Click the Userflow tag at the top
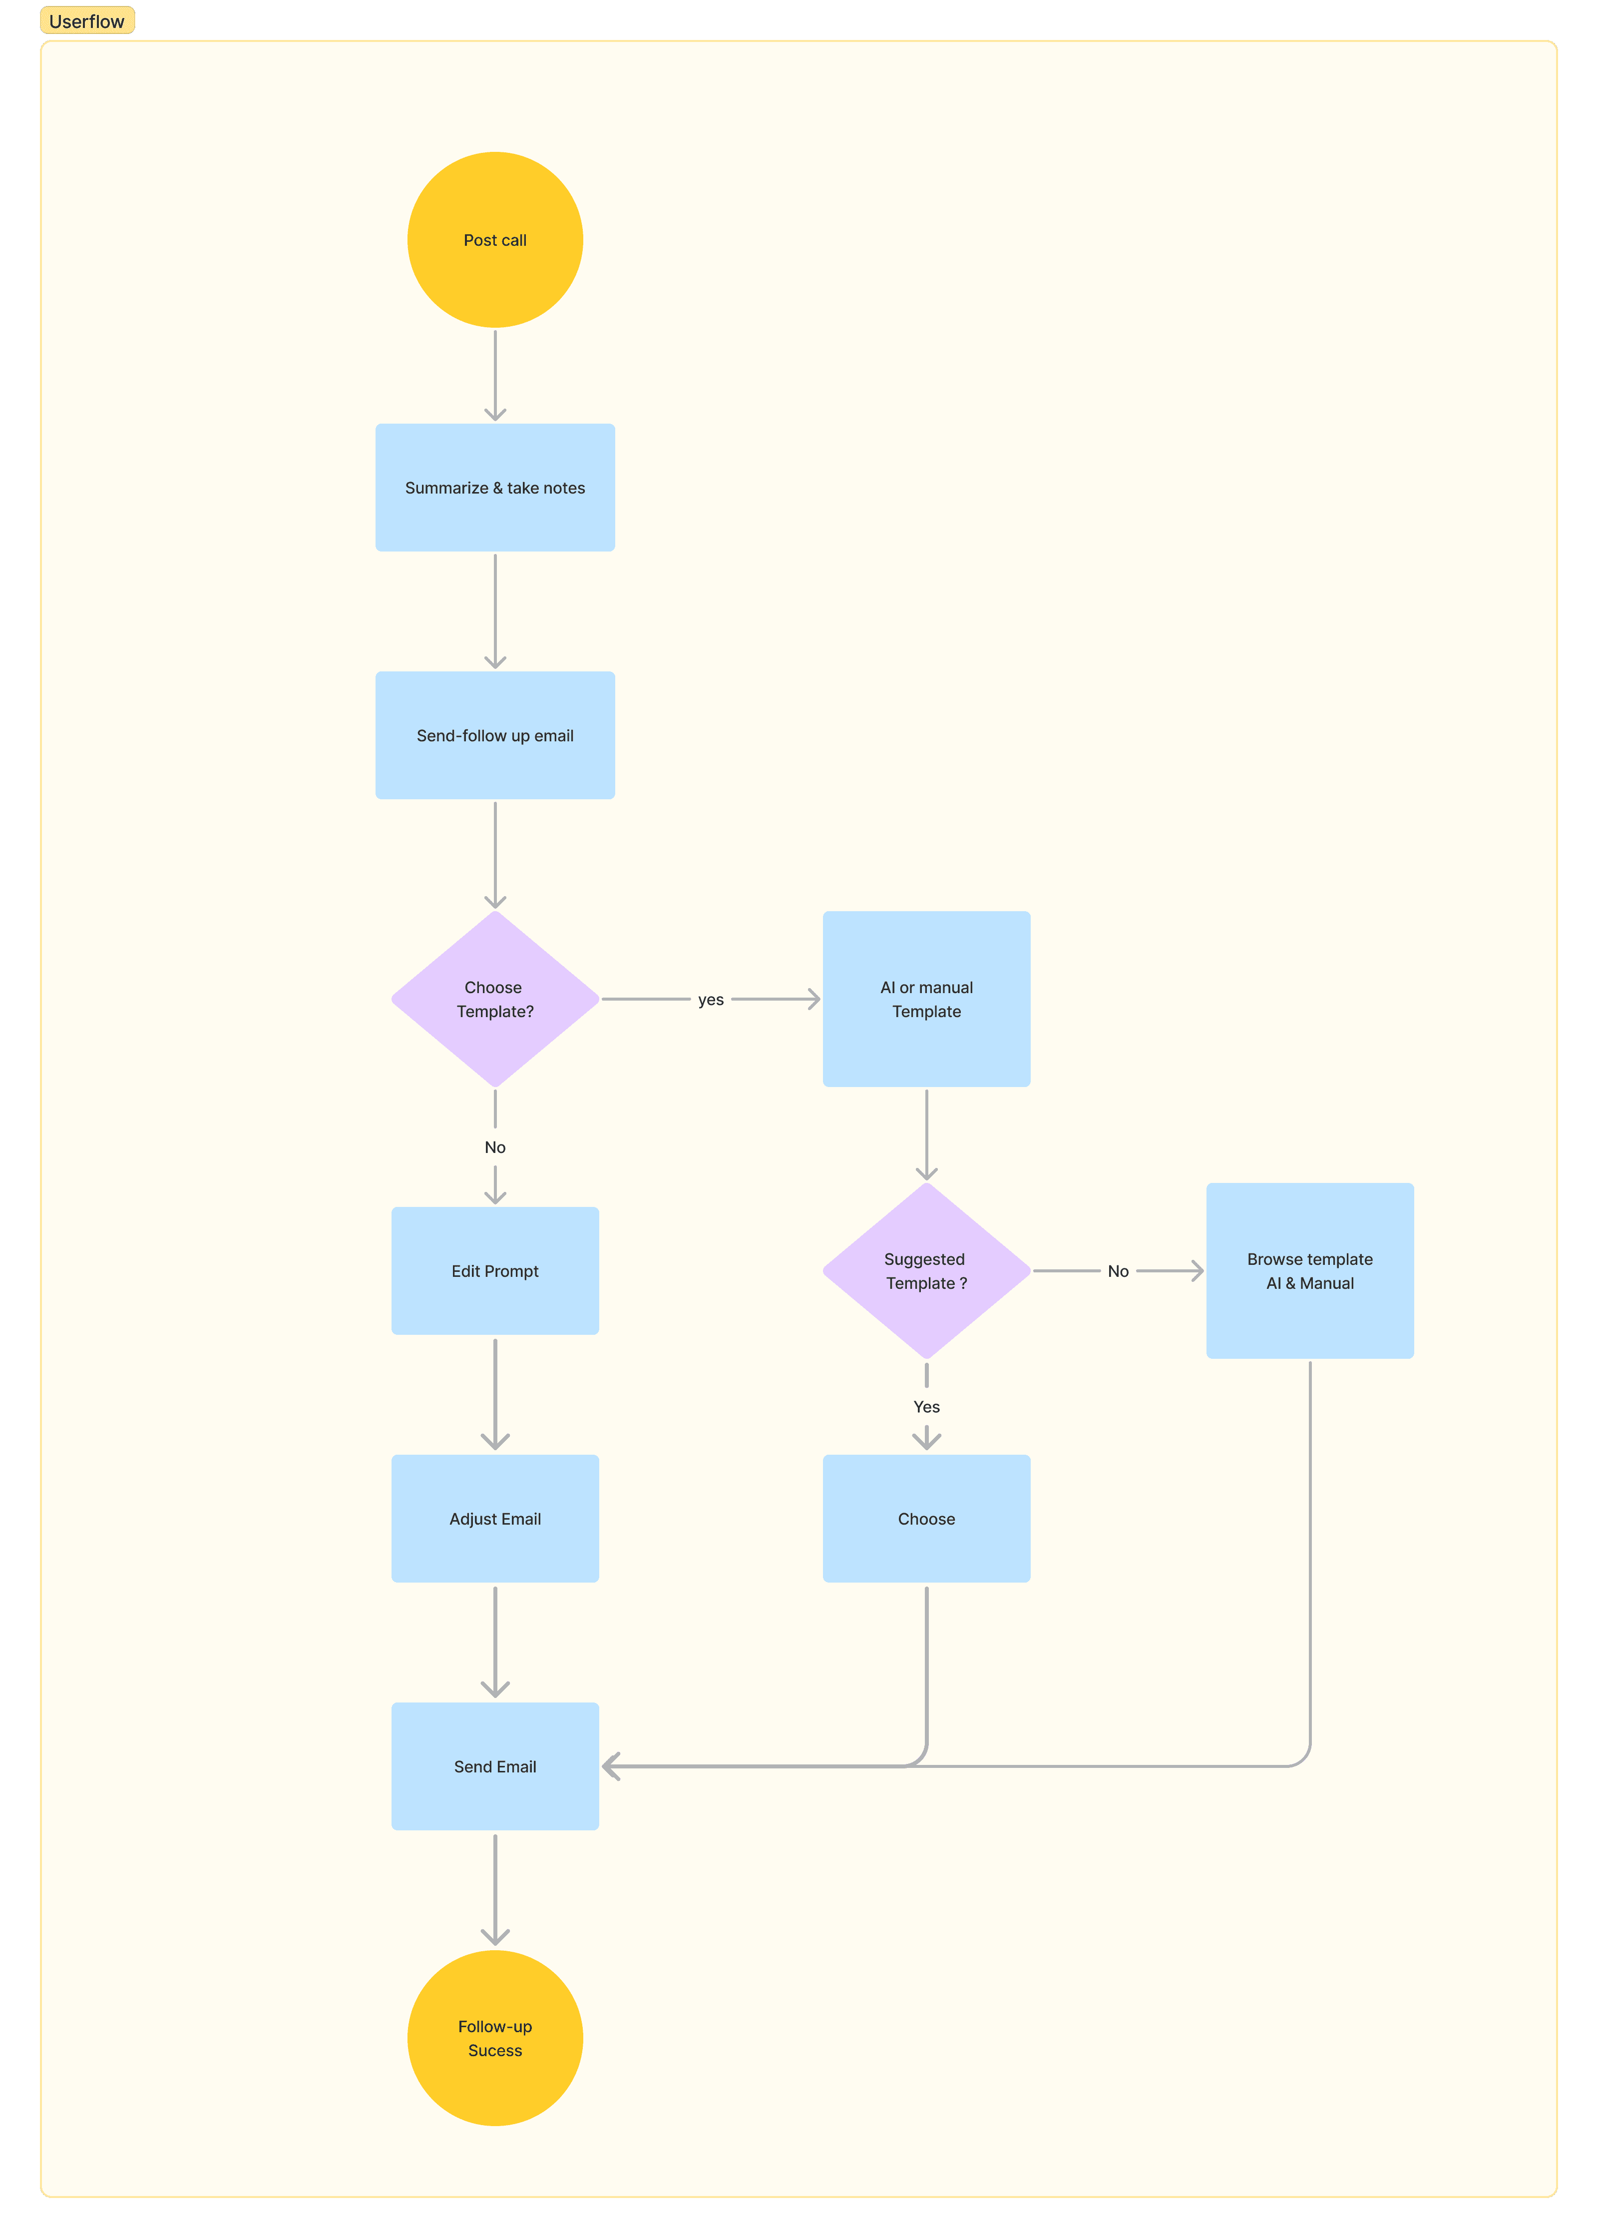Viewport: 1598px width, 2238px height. (86, 20)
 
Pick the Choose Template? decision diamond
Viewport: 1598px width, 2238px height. (495, 999)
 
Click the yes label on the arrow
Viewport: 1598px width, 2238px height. (711, 1000)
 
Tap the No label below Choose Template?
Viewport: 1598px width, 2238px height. (495, 1147)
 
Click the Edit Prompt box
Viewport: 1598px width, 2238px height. (495, 1270)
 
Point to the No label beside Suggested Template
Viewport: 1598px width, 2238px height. (1118, 1271)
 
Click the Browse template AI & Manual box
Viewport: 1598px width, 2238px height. (1310, 1270)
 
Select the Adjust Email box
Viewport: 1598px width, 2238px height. (495, 1519)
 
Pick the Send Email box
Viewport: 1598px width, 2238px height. (495, 1766)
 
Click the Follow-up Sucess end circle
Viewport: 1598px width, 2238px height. (495, 2038)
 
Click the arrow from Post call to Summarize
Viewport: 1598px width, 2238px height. (495, 376)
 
